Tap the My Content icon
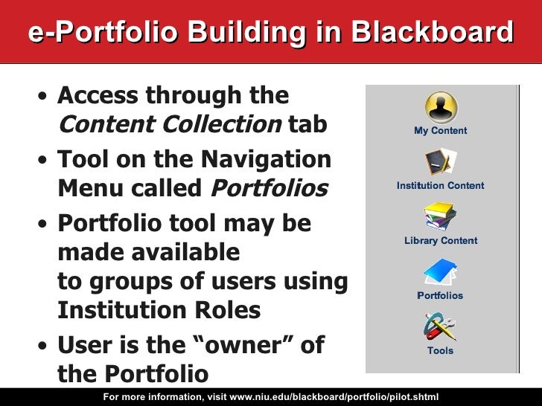coord(441,106)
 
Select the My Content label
coord(441,131)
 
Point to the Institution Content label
coord(441,186)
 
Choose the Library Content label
coord(441,241)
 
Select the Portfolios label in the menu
coord(440,296)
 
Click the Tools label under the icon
coord(440,351)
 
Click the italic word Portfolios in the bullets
coord(270,189)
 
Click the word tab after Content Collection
coord(307,125)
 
